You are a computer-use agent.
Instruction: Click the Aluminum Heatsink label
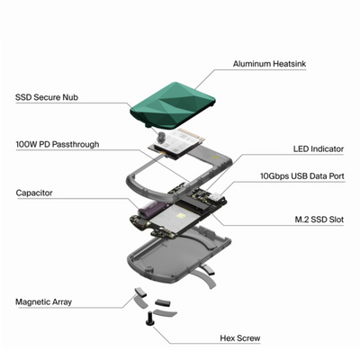269,64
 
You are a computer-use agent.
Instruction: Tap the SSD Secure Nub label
47,97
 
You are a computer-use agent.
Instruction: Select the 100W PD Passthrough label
58,144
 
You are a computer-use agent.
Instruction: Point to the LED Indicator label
319,148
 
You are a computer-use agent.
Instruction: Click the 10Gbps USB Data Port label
302,175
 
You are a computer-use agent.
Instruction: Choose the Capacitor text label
34,193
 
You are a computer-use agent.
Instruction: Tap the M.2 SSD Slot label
319,220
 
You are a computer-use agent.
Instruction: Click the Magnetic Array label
44,301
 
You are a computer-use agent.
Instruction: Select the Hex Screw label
240,338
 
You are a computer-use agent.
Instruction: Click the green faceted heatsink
173,105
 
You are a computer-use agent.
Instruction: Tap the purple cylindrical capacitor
152,210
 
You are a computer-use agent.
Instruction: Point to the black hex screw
148,319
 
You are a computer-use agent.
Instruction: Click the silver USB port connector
215,197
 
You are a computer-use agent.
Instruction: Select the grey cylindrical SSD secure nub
164,137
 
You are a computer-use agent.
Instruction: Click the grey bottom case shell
179,255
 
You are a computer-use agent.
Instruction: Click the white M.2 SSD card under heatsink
178,143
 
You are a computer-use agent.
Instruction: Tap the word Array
62,302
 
